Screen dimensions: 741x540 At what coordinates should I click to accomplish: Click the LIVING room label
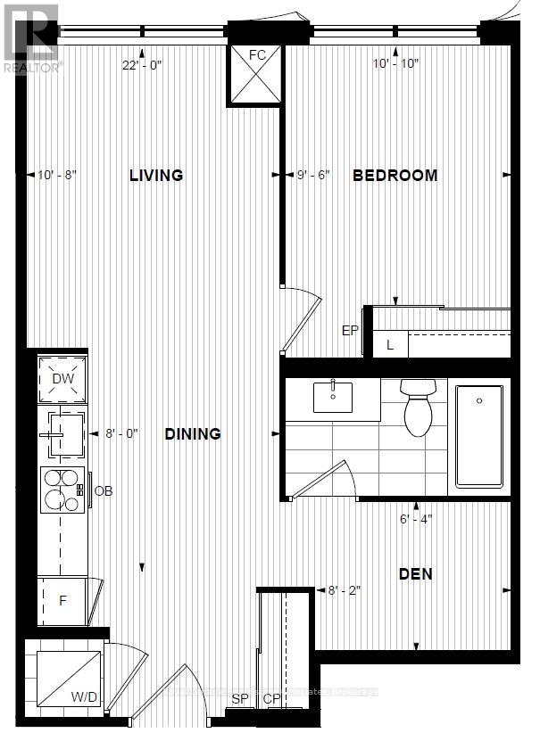pyautogui.click(x=155, y=175)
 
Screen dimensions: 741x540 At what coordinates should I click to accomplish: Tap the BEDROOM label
pyautogui.click(x=395, y=175)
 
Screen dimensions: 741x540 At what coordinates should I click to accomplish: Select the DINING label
pyautogui.click(x=193, y=434)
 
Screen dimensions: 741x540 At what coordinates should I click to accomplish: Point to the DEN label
pyautogui.click(x=415, y=573)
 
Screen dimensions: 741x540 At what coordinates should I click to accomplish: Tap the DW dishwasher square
pyautogui.click(x=62, y=379)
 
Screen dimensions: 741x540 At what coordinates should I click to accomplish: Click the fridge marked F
pyautogui.click(x=62, y=600)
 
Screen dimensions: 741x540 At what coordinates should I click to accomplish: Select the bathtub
pyautogui.click(x=479, y=436)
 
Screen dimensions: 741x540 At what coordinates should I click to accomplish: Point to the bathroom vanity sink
pyautogui.click(x=333, y=395)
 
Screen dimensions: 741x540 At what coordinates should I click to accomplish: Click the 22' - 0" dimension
pyautogui.click(x=143, y=63)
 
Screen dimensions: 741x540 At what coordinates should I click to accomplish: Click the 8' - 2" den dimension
pyautogui.click(x=344, y=589)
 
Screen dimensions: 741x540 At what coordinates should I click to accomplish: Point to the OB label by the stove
pyautogui.click(x=104, y=490)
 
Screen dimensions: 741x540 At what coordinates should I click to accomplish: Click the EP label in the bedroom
pyautogui.click(x=350, y=331)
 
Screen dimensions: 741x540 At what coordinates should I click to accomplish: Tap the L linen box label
pyautogui.click(x=390, y=344)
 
